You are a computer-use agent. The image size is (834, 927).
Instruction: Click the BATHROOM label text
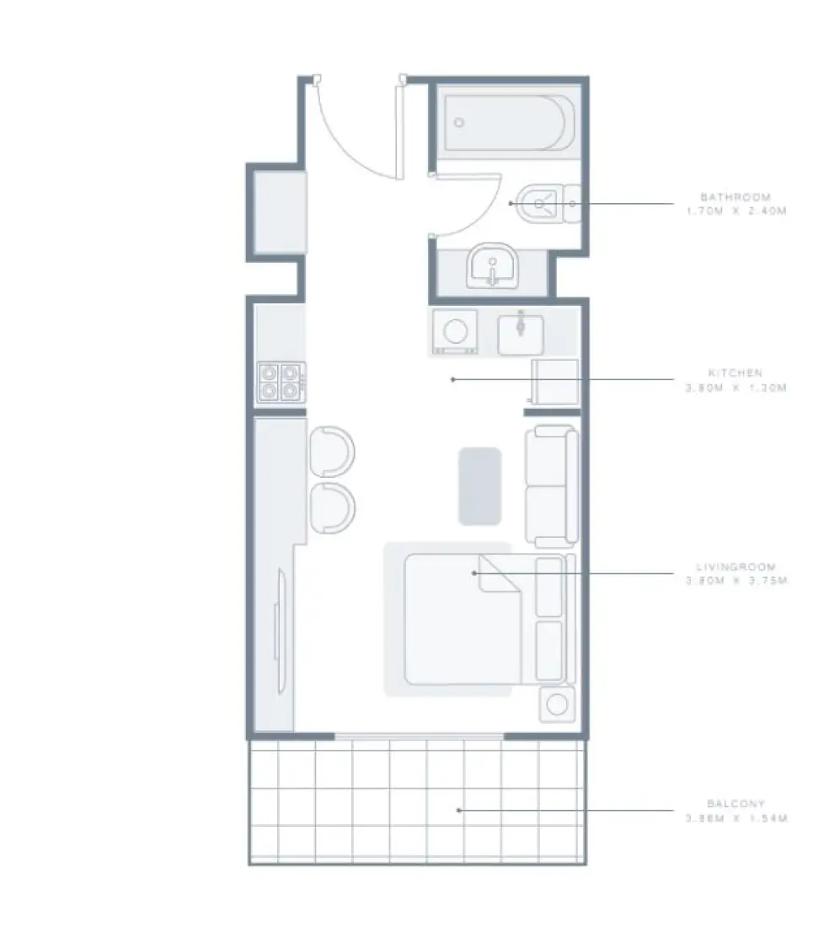(x=735, y=197)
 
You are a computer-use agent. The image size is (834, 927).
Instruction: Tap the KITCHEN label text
(x=735, y=372)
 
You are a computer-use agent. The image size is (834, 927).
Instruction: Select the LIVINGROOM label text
(x=735, y=567)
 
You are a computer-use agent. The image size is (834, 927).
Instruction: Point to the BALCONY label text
(x=735, y=804)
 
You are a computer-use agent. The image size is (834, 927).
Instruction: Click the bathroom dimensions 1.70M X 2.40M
(x=735, y=212)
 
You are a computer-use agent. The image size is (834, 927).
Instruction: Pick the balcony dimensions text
(x=735, y=818)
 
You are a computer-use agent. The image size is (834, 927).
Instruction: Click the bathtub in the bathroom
(x=510, y=123)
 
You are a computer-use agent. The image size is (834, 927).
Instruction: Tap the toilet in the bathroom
(x=543, y=203)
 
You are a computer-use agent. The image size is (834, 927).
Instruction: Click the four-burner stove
(x=281, y=381)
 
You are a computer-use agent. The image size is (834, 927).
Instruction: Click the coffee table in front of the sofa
(x=479, y=486)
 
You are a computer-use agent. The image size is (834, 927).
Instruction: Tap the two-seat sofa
(x=552, y=486)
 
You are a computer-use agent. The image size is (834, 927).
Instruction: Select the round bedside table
(x=557, y=704)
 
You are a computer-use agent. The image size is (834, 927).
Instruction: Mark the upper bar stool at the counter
(x=332, y=451)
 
